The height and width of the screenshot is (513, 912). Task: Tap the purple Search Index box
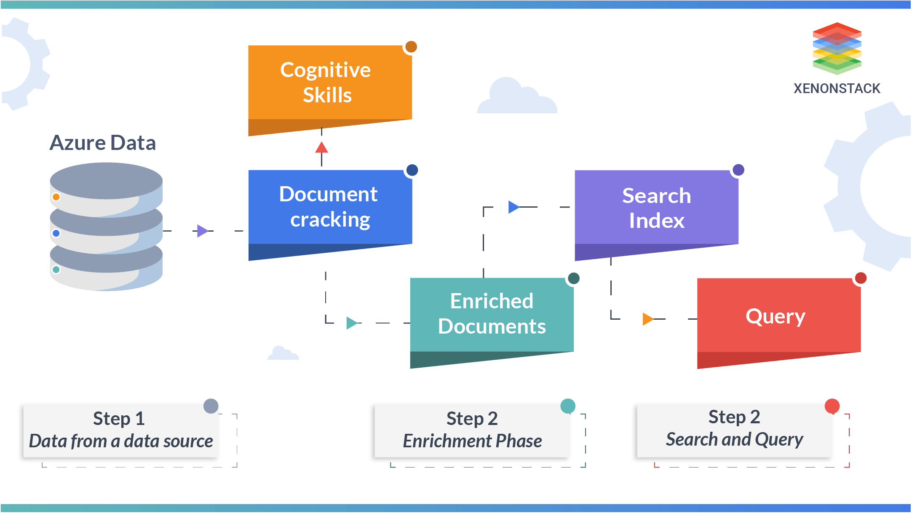click(x=656, y=208)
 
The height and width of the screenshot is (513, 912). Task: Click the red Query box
click(x=778, y=316)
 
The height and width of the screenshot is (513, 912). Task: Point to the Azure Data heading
click(x=103, y=143)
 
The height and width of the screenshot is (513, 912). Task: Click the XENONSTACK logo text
click(x=837, y=88)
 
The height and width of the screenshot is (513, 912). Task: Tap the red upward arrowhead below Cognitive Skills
click(x=321, y=148)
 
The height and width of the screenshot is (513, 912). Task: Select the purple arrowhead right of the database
click(x=202, y=231)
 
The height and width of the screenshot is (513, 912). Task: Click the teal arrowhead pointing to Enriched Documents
click(x=351, y=323)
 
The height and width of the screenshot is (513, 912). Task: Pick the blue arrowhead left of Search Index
click(x=513, y=207)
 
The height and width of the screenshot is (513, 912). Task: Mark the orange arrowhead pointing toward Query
click(x=647, y=319)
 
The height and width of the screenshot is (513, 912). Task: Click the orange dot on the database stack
click(x=56, y=197)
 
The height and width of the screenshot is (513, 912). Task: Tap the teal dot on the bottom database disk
click(x=56, y=270)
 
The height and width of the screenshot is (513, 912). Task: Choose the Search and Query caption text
click(x=734, y=439)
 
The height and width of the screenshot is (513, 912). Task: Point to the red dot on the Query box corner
click(x=860, y=278)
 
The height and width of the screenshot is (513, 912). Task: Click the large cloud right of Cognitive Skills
click(x=517, y=98)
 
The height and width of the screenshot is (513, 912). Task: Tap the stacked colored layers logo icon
click(x=837, y=48)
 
